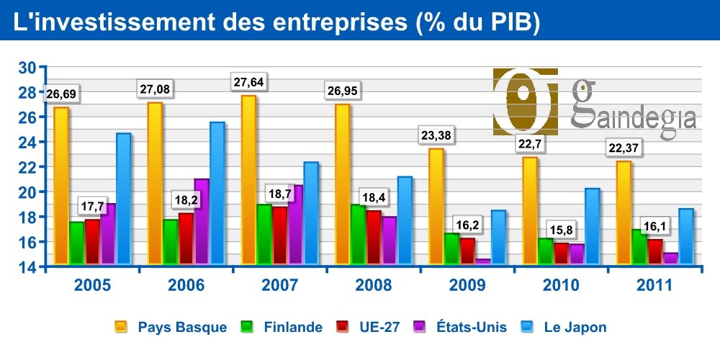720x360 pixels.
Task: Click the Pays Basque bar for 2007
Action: (249, 180)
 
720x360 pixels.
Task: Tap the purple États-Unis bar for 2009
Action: (482, 262)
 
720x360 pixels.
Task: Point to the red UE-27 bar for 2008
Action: (374, 237)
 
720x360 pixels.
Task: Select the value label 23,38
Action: (437, 135)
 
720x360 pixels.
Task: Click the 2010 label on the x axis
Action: (560, 285)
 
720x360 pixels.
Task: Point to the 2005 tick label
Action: (93, 285)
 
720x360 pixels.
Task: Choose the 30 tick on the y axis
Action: (27, 68)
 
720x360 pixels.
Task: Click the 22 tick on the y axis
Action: (27, 167)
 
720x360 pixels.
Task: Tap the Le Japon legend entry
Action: (566, 328)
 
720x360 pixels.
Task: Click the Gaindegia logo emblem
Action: (526, 102)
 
